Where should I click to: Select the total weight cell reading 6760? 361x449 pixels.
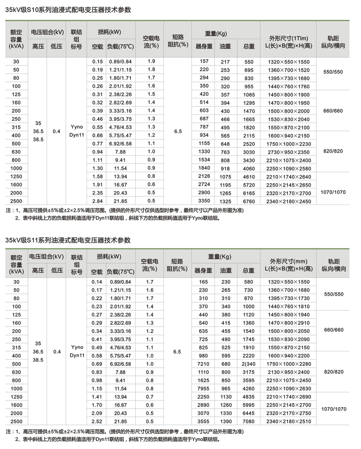click(248, 201)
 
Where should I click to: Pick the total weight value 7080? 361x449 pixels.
click(248, 422)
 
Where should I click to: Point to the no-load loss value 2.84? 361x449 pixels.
click(98, 201)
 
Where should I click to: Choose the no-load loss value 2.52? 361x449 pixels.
click(98, 422)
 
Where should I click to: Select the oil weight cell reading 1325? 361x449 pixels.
click(225, 201)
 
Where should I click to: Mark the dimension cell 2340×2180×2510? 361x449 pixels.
click(289, 422)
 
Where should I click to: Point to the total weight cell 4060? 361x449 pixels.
click(248, 168)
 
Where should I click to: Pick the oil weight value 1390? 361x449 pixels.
click(225, 422)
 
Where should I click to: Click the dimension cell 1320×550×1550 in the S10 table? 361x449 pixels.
click(289, 62)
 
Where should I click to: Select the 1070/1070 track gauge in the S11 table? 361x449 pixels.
click(335, 409)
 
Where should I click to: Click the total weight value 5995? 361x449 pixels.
click(248, 405)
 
